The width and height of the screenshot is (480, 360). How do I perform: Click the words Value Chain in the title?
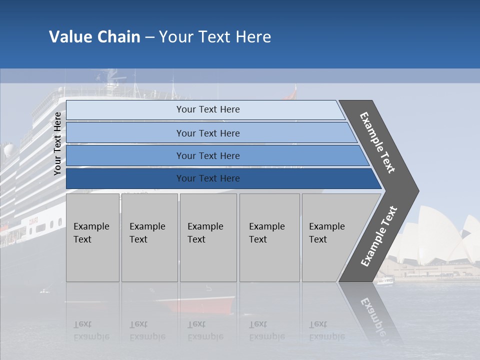pos(94,37)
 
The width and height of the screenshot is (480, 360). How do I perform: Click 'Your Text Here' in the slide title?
pos(215,37)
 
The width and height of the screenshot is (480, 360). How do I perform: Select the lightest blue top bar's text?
pos(208,109)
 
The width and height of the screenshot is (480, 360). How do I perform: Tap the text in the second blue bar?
pos(208,133)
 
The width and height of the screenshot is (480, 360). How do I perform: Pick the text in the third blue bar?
pos(208,155)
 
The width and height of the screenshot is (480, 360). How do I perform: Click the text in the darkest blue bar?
pos(208,178)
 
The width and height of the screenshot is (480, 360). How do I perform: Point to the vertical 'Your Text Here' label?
pos(57,143)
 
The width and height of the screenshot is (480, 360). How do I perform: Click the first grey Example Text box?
pos(92,237)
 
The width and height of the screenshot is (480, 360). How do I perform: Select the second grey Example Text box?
pos(149,237)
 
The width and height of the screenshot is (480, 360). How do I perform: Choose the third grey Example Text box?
pos(207,237)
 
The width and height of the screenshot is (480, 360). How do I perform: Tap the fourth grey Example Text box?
pos(269,237)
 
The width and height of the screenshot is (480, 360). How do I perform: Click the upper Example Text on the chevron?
pos(377,142)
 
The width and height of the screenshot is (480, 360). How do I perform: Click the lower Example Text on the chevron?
pos(379,236)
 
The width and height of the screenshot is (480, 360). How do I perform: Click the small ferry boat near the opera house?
pos(385,281)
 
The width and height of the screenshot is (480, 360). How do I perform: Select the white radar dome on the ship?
pos(9,150)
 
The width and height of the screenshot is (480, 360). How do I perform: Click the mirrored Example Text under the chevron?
pos(372,315)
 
